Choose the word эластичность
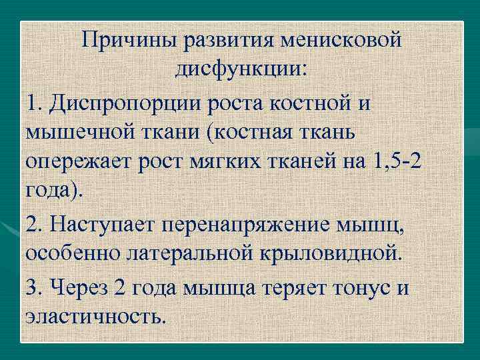click(x=94, y=315)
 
